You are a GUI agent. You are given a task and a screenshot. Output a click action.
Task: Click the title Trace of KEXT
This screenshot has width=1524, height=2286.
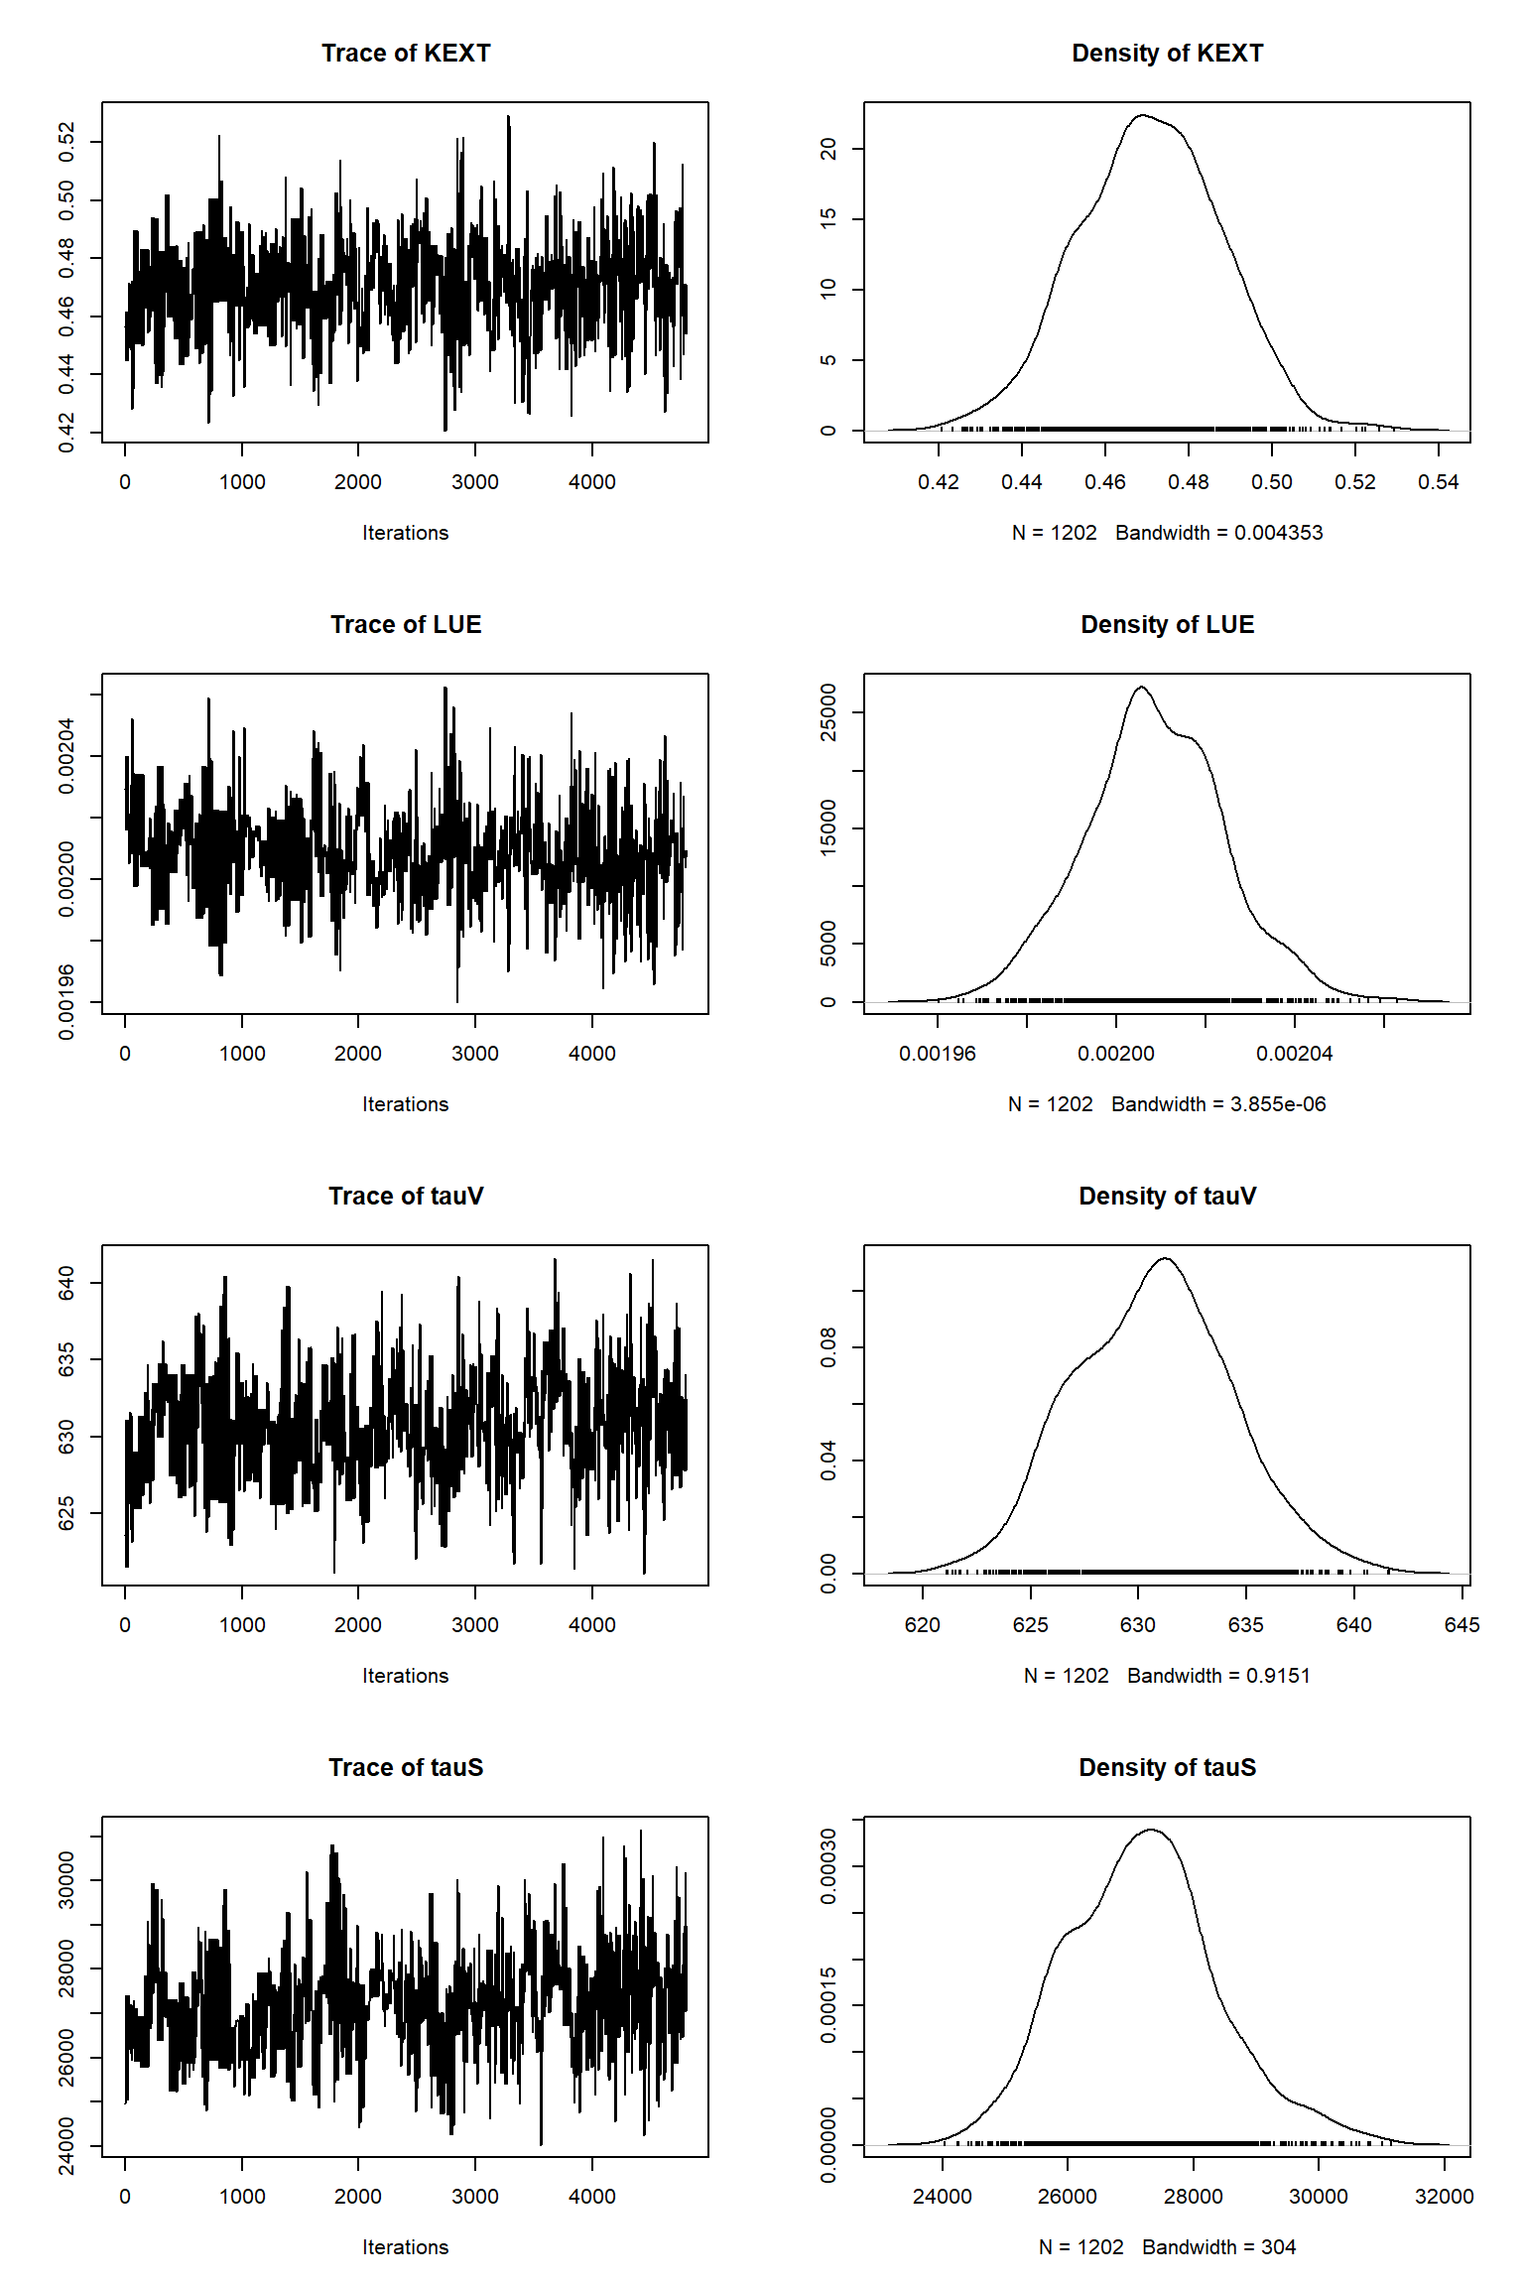[406, 54]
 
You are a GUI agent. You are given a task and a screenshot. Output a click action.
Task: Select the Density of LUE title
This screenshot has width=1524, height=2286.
[1167, 625]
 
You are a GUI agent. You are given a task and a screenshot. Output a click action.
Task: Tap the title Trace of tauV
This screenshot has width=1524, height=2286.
[406, 1197]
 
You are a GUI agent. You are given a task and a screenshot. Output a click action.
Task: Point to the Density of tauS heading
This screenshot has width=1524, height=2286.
[1167, 1768]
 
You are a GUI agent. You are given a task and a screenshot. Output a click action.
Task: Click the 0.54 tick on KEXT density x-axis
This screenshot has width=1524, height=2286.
[1438, 483]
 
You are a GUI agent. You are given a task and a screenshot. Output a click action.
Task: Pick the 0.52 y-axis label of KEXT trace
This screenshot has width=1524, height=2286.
[66, 142]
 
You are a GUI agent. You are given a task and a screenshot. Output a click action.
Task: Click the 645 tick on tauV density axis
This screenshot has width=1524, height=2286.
[1461, 1626]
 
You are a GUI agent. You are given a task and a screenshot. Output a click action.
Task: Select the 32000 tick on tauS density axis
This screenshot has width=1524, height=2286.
[1444, 2198]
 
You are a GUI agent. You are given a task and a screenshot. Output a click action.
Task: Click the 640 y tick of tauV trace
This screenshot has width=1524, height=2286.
[66, 1283]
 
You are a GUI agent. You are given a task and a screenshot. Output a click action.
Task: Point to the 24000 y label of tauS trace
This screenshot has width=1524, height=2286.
[66, 2146]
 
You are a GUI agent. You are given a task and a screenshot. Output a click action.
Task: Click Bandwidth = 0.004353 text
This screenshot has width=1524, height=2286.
[1218, 534]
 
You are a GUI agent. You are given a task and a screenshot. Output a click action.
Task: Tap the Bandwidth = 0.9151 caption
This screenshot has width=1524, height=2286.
[1218, 1677]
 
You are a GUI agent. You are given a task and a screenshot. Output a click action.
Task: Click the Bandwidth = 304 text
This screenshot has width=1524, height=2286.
[1218, 2248]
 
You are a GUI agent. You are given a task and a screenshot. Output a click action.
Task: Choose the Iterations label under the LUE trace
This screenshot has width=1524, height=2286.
[405, 1105]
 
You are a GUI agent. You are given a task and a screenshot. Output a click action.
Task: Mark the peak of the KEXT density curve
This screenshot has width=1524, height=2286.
[1142, 115]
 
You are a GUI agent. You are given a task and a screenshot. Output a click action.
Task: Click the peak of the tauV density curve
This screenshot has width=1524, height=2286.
[1165, 1258]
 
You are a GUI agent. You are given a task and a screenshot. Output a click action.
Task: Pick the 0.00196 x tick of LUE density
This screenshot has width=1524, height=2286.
[938, 1055]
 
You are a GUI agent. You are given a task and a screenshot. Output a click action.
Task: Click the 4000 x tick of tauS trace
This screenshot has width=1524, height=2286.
[592, 2198]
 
